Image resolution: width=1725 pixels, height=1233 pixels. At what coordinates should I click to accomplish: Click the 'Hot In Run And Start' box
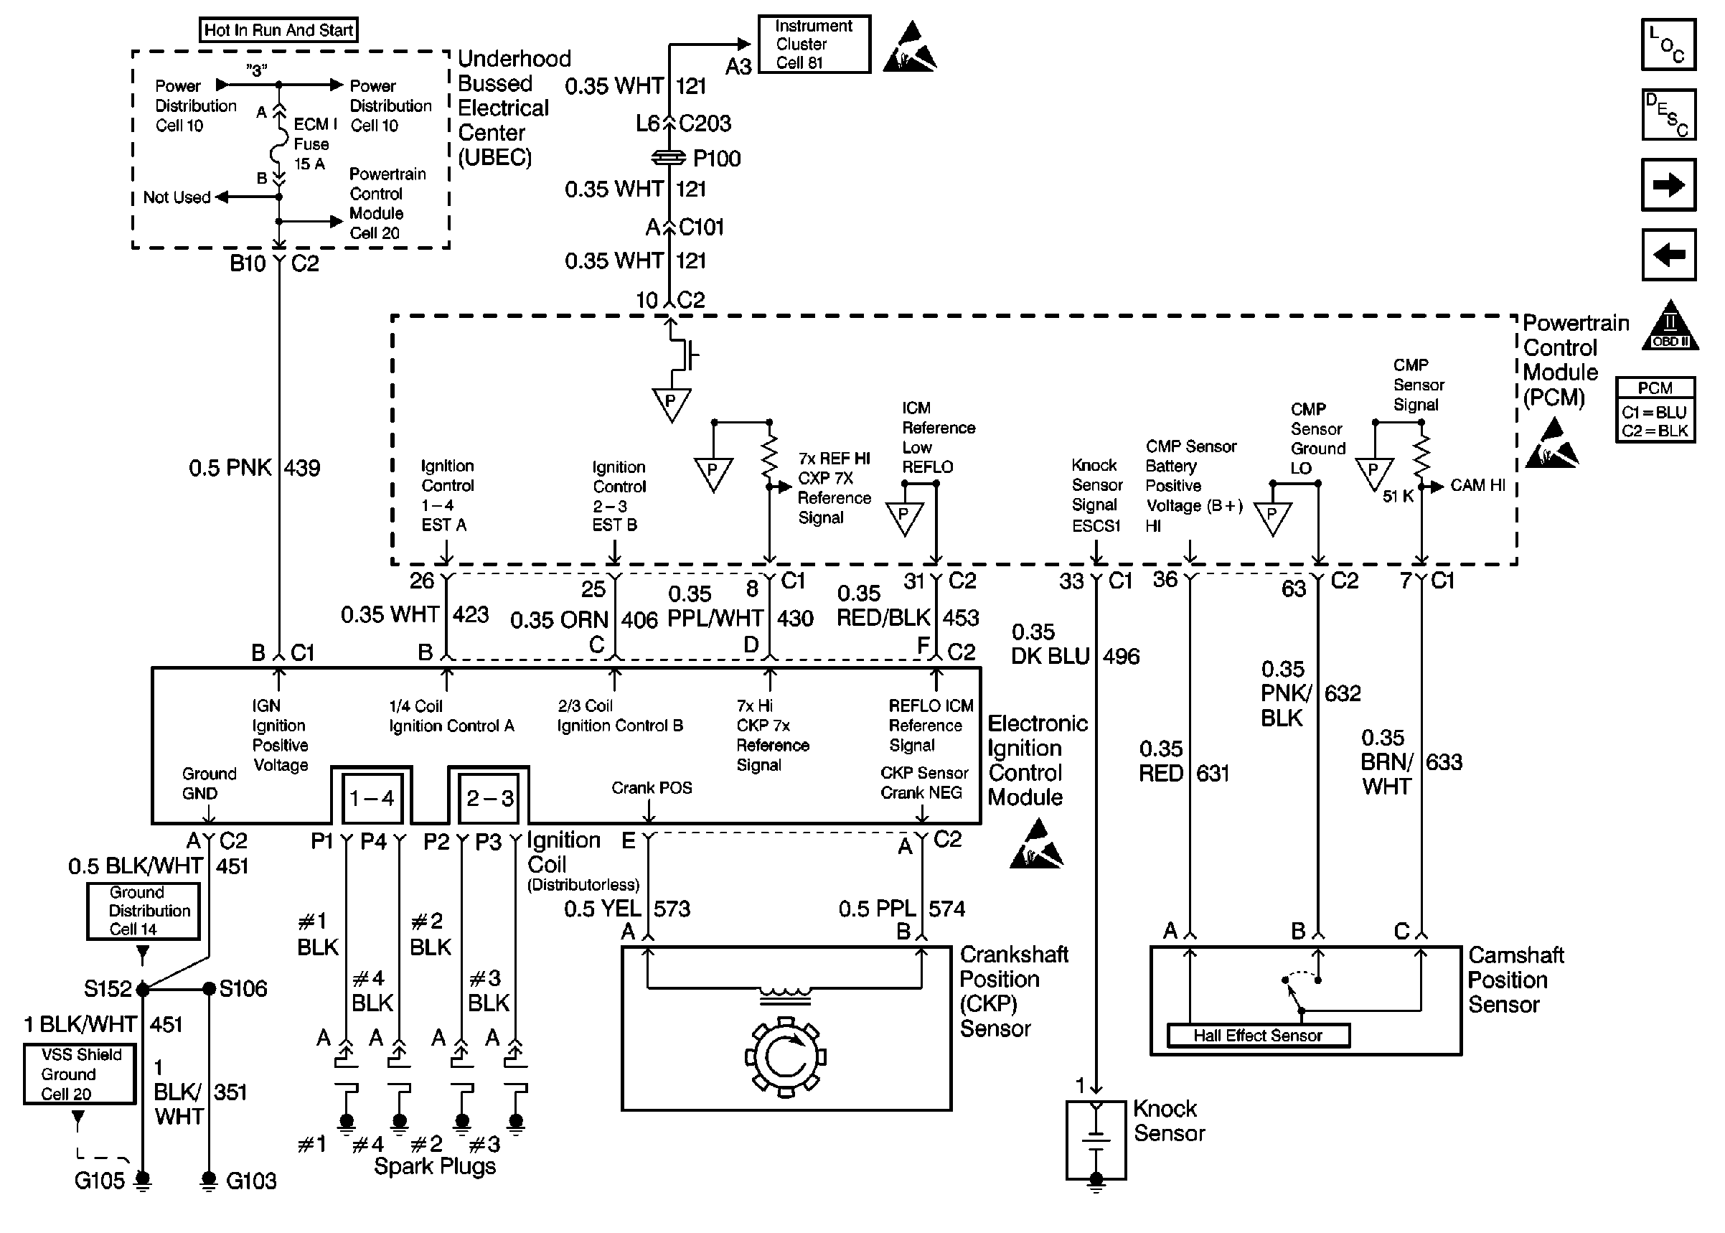click(x=278, y=30)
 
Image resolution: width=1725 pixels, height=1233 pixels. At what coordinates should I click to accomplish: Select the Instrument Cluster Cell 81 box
click(x=814, y=44)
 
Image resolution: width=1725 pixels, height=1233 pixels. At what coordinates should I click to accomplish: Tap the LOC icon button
click(x=1668, y=44)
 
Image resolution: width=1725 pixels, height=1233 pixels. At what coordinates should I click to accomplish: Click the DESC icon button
click(x=1668, y=115)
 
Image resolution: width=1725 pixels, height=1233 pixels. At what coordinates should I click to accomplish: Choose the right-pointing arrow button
click(x=1668, y=184)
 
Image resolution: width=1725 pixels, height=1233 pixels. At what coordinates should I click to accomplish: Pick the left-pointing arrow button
click(x=1668, y=254)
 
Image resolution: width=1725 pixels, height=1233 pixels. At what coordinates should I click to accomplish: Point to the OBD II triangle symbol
click(x=1670, y=326)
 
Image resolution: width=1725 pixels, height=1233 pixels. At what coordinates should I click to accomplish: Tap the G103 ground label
click(x=251, y=1181)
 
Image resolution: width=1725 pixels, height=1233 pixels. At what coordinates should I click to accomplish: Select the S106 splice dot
click(x=210, y=988)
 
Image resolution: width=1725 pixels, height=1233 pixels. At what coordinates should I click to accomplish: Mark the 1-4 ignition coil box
click(x=372, y=798)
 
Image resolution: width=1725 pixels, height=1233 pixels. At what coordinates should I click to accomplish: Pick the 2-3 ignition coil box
click(x=489, y=798)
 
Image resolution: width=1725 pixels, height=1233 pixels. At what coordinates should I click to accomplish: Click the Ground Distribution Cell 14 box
click(x=144, y=910)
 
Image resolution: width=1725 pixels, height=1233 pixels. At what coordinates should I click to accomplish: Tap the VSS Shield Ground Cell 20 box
click(x=79, y=1074)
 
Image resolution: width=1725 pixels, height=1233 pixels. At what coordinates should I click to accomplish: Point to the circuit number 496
click(x=1121, y=656)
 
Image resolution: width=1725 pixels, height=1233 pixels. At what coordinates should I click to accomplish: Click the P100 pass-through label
click(x=716, y=158)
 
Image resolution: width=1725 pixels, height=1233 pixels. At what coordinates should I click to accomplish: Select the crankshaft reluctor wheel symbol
click(x=786, y=1056)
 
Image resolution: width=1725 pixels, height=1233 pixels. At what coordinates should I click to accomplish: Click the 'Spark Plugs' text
click(x=435, y=1167)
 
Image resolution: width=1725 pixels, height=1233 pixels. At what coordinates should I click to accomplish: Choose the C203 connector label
click(x=705, y=123)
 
